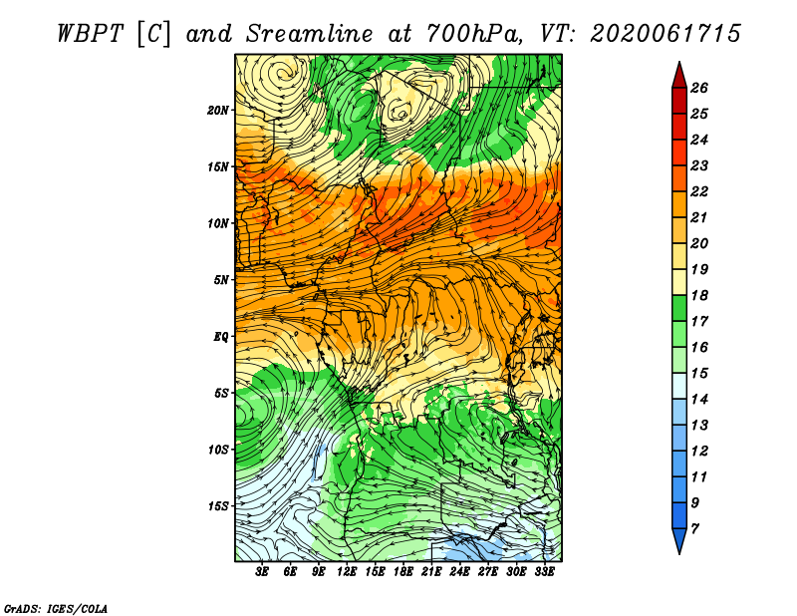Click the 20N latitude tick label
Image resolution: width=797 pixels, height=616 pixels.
(x=217, y=110)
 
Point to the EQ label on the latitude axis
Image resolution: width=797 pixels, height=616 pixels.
(x=220, y=336)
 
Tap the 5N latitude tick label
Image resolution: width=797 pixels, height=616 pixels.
(x=221, y=280)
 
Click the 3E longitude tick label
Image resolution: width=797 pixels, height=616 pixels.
(x=262, y=572)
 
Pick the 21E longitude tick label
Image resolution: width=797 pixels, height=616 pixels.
(x=431, y=572)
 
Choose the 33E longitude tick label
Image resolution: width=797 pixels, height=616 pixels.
(x=544, y=572)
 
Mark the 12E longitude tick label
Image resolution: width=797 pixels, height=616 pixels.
(x=347, y=572)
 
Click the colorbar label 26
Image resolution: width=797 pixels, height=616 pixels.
(x=699, y=88)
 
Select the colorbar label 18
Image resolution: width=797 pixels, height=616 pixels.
(x=699, y=295)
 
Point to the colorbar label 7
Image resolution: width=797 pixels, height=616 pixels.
(x=694, y=528)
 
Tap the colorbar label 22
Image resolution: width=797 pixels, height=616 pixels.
(x=699, y=191)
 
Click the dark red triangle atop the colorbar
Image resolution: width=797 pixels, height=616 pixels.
(x=679, y=76)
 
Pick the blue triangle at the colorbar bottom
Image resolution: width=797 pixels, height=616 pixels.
(x=679, y=540)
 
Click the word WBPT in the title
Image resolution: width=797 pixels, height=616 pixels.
(x=91, y=34)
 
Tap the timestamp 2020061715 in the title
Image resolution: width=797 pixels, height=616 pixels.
(x=665, y=34)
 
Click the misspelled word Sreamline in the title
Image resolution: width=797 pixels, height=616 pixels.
(x=310, y=34)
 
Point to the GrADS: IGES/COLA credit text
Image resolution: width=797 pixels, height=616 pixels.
(x=56, y=609)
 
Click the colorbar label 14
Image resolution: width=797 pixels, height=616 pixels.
(x=699, y=400)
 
